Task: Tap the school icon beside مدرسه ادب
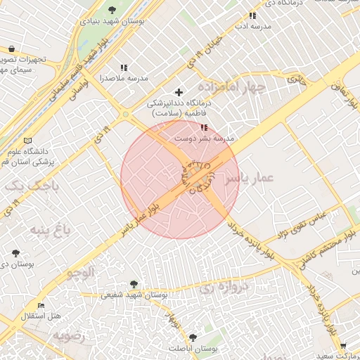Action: [252, 15]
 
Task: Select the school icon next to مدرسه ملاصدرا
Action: [124, 67]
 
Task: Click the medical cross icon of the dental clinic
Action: [179, 92]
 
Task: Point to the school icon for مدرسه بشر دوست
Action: [204, 127]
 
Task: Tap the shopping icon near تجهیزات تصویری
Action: [11, 49]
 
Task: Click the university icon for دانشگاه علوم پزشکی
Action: [27, 141]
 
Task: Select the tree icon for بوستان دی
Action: [15, 252]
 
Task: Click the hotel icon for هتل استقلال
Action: [41, 306]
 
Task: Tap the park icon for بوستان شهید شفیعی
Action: [131, 285]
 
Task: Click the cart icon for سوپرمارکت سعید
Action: [342, 345]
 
